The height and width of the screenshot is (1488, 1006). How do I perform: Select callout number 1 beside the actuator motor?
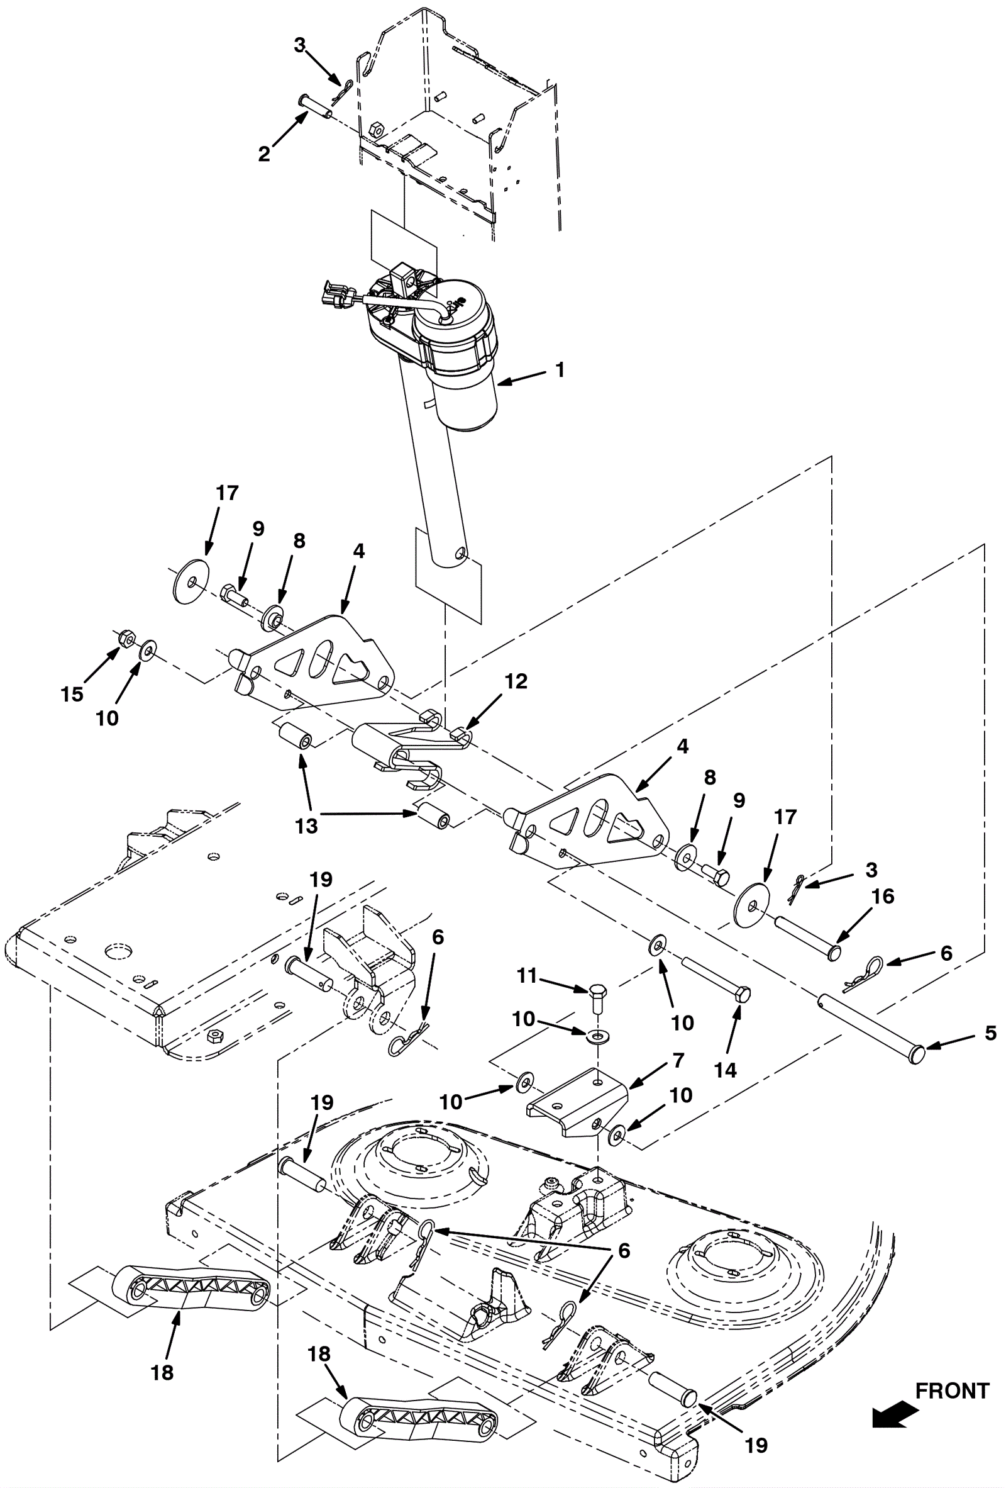click(560, 370)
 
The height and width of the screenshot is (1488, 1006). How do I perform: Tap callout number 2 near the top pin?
click(264, 154)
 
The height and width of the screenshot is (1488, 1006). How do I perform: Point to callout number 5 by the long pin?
click(990, 1032)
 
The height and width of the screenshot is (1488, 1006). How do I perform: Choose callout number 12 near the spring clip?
click(516, 681)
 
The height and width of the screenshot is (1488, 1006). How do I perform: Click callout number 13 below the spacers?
click(306, 826)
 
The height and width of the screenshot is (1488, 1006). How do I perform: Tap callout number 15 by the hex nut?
click(72, 694)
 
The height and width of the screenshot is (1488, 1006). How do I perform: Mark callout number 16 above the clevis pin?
click(883, 896)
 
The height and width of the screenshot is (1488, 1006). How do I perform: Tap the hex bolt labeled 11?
click(598, 997)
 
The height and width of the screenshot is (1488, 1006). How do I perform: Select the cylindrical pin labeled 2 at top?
click(314, 106)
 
